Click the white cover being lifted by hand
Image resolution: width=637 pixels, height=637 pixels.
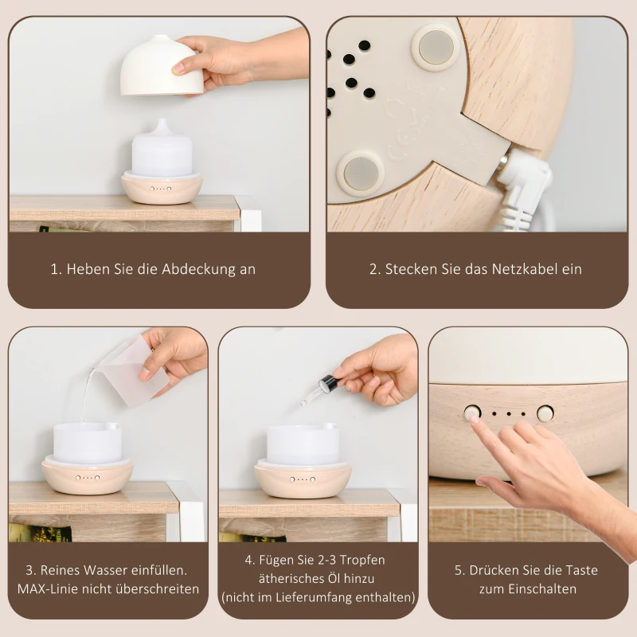(159, 68)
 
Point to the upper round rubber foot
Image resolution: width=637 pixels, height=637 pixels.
(434, 46)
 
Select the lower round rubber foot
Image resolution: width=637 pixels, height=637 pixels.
(360, 172)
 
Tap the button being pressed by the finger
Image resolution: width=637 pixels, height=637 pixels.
(473, 413)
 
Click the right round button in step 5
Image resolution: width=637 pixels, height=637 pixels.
(545, 413)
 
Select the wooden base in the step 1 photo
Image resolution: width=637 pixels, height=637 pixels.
(162, 189)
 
